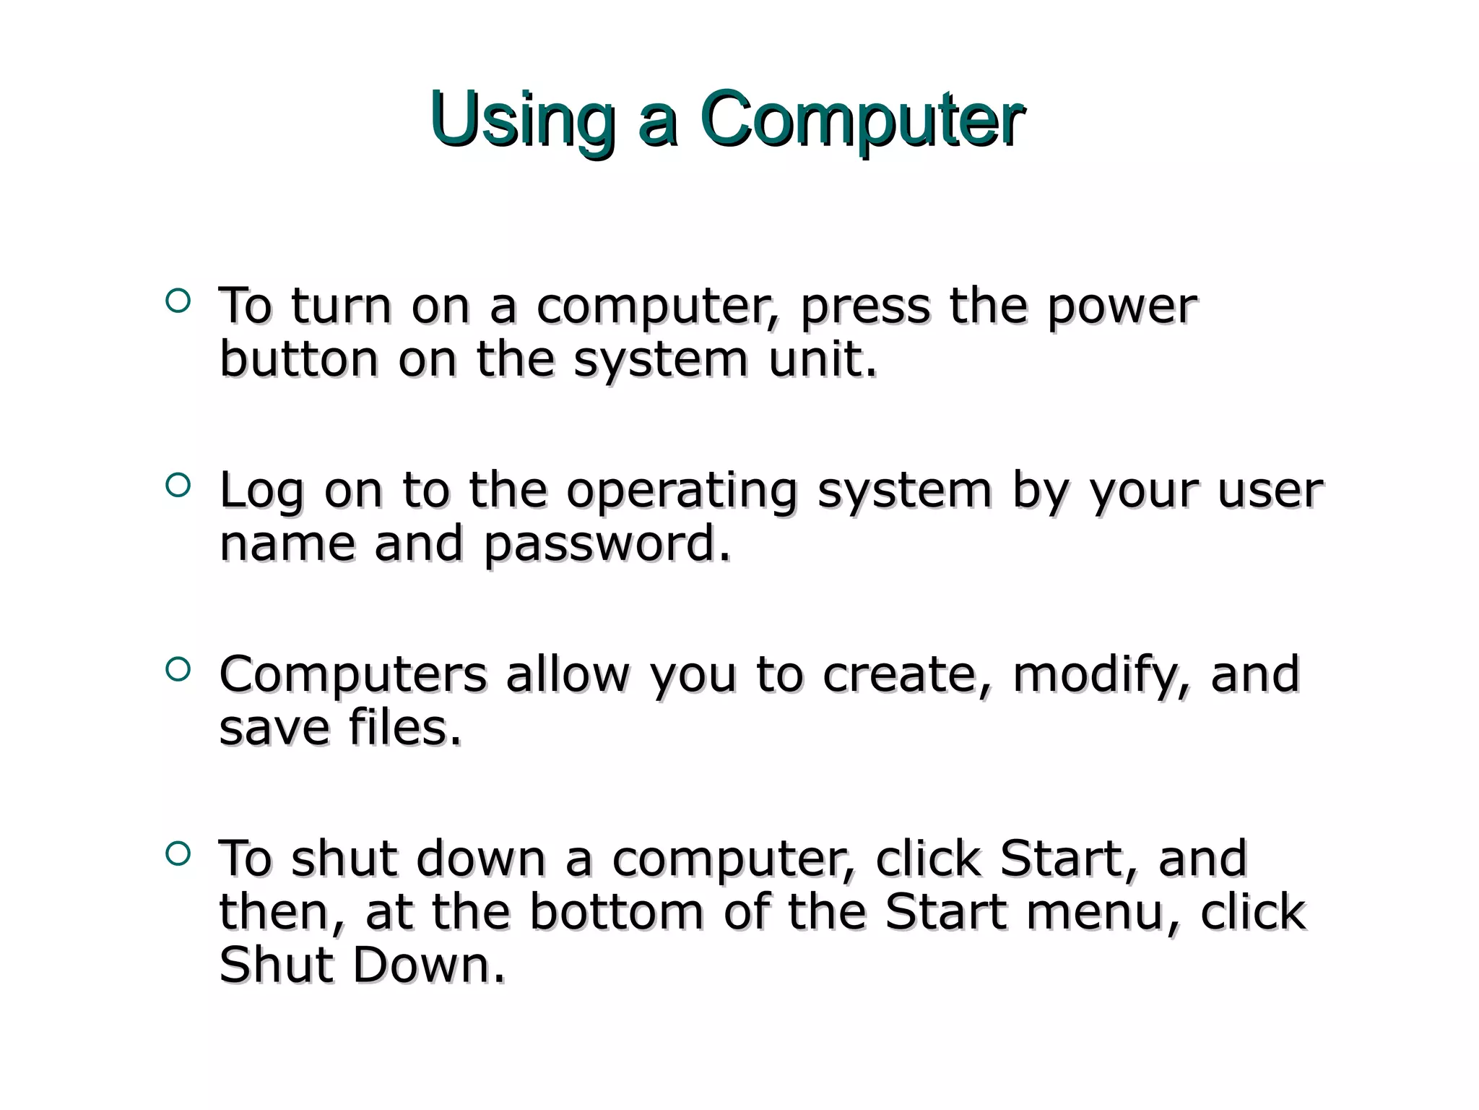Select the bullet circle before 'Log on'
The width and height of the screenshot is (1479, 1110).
[x=177, y=485]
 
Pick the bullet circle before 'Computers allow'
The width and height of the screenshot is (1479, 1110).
[x=177, y=669]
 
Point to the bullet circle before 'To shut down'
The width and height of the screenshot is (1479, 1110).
[x=177, y=854]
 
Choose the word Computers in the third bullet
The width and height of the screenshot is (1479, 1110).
[x=353, y=675]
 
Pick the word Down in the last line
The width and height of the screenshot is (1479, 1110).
[x=429, y=965]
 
